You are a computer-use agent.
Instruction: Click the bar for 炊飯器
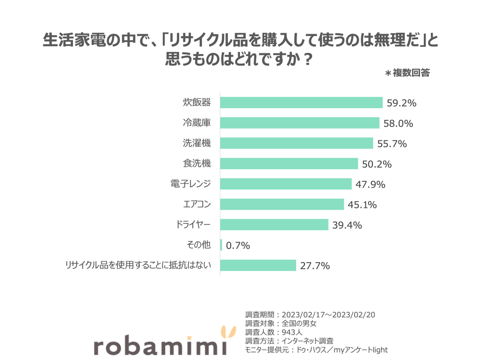tap(301, 103)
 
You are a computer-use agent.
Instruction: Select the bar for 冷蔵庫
tap(299, 123)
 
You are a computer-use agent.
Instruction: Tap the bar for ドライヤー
tap(274, 225)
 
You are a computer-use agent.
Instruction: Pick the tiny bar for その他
tap(221, 245)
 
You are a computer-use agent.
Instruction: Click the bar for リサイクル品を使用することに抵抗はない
tap(258, 265)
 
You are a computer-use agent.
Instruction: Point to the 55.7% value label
tap(392, 144)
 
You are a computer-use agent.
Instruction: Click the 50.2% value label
tap(377, 164)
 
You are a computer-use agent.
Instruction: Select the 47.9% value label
tap(370, 184)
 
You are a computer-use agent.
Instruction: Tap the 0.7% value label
tap(238, 245)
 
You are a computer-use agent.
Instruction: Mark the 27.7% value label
tap(315, 266)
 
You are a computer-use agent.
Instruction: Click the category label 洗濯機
tap(196, 143)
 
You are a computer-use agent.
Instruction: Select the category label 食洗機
tap(196, 163)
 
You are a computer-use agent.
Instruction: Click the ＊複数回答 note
tap(407, 73)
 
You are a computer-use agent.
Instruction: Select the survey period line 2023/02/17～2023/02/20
tap(310, 314)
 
